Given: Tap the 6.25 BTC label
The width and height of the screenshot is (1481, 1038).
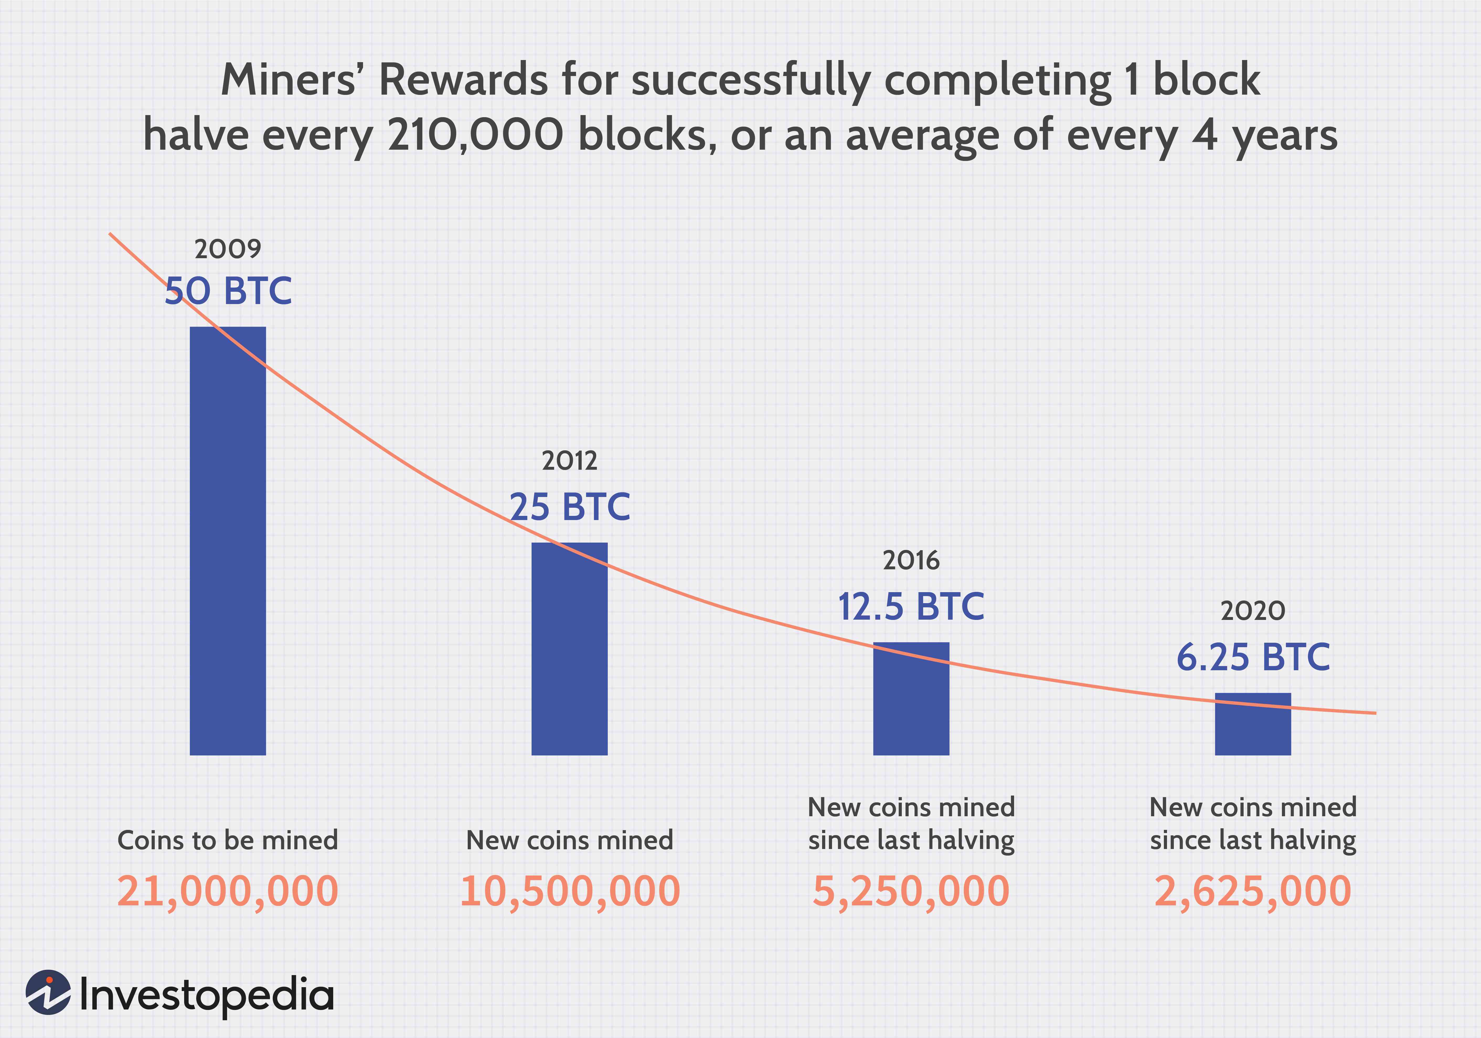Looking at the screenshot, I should pos(1253,658).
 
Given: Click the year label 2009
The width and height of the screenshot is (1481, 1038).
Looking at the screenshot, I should pos(228,249).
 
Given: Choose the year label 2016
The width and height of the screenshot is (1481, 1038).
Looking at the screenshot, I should pos(911,561).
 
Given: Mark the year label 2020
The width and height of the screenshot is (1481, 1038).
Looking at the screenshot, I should pos(1253,610).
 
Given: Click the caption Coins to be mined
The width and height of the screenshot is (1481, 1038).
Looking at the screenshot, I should pos(228,840).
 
